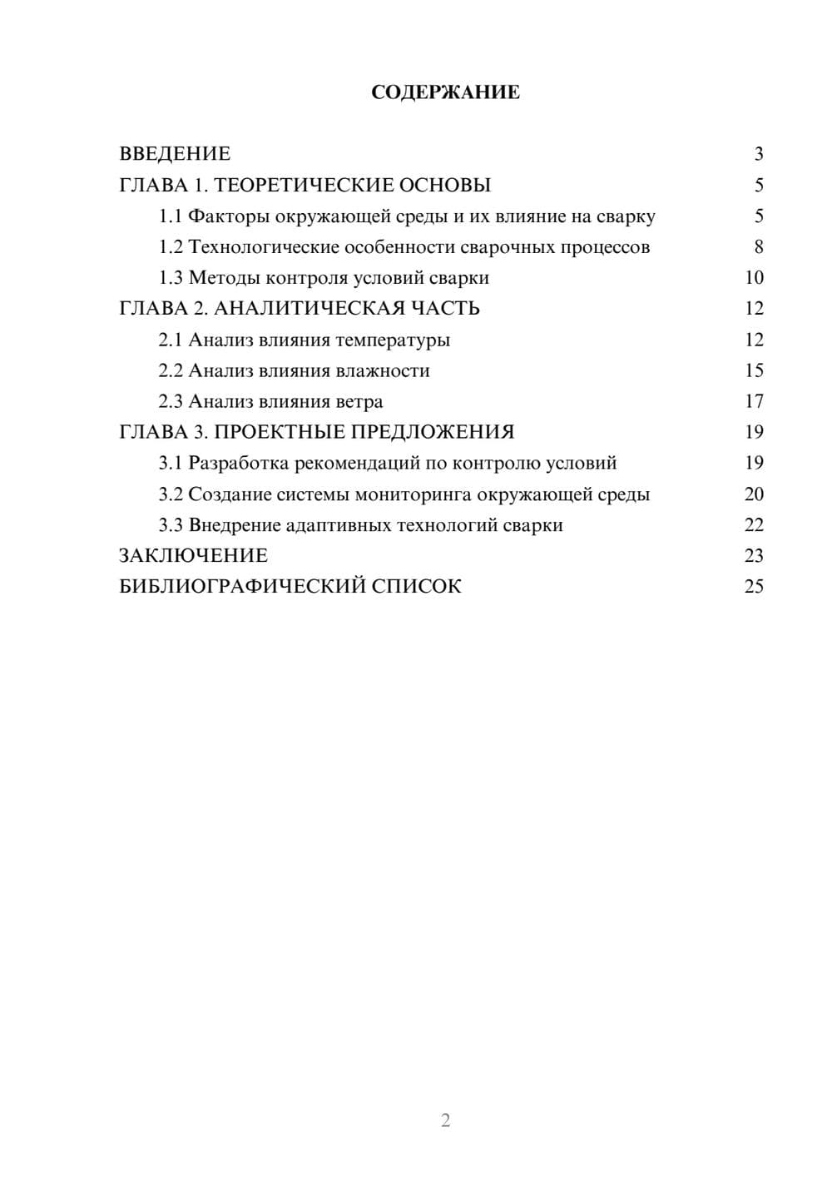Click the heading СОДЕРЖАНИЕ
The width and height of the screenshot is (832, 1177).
[445, 92]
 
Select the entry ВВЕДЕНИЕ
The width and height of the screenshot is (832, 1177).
[175, 154]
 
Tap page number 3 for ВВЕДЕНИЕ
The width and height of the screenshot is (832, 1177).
[758, 154]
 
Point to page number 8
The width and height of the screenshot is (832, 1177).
[758, 247]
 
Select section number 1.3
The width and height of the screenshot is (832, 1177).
[171, 278]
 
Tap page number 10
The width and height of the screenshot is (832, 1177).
[754, 278]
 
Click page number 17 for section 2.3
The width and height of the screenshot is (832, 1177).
[754, 401]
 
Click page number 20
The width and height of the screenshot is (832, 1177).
[754, 494]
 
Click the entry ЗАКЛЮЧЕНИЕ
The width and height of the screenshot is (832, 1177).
[193, 556]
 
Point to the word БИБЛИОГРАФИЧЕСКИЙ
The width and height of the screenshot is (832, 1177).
[242, 587]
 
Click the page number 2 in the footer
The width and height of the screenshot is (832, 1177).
[445, 1120]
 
